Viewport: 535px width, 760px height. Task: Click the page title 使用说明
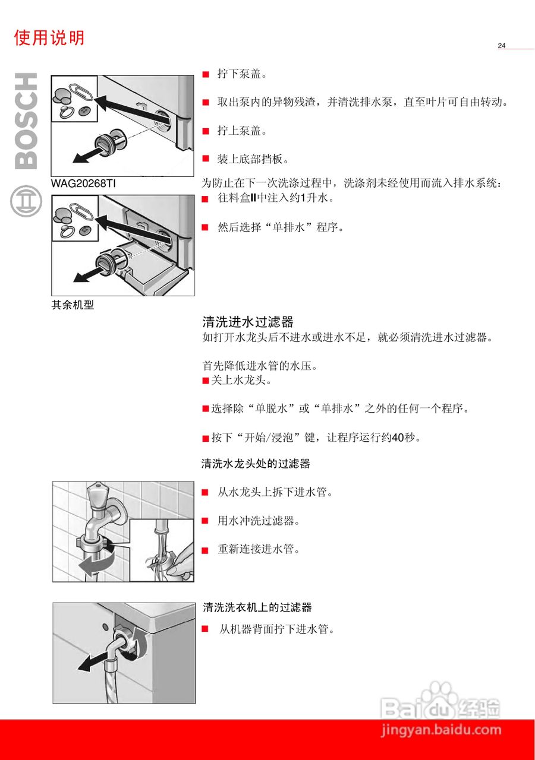(49, 38)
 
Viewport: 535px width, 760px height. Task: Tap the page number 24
(502, 46)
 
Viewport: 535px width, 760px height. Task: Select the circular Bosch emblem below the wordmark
(26, 201)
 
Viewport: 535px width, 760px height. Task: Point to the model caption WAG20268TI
(83, 183)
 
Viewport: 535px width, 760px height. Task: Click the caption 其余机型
(73, 306)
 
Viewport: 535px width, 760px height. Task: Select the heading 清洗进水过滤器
(248, 322)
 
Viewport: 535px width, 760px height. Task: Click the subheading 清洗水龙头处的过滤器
(256, 464)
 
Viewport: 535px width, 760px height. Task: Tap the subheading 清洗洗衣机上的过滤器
(257, 607)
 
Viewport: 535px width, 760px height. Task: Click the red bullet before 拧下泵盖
(206, 75)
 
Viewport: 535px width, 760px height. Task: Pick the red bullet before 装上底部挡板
(206, 159)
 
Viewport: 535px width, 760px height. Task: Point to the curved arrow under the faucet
(98, 562)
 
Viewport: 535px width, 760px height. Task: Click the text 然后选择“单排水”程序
(281, 227)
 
